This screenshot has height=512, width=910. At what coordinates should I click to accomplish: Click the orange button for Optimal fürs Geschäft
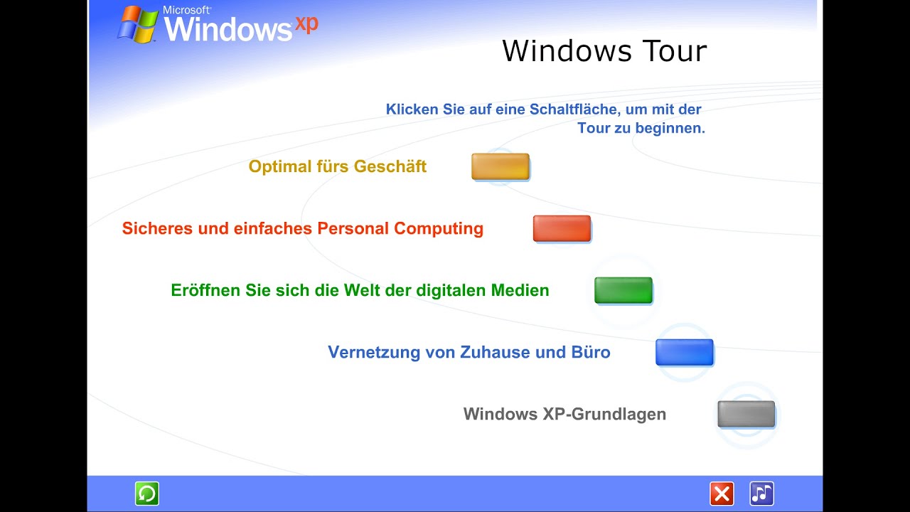500,166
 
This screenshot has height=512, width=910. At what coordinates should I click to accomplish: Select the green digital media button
623,290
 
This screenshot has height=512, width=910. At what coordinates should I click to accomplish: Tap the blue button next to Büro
685,352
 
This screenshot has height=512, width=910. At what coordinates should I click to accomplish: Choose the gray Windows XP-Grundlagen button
746,414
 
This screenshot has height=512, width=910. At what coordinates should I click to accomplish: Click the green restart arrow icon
147,494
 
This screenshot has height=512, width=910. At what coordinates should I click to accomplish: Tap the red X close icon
722,494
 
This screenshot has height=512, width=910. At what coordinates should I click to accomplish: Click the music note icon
761,494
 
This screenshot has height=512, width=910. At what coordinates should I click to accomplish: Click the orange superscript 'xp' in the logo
306,23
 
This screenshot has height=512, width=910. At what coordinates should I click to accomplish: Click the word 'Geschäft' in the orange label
390,166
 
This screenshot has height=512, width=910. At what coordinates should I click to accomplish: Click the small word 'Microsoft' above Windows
186,11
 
